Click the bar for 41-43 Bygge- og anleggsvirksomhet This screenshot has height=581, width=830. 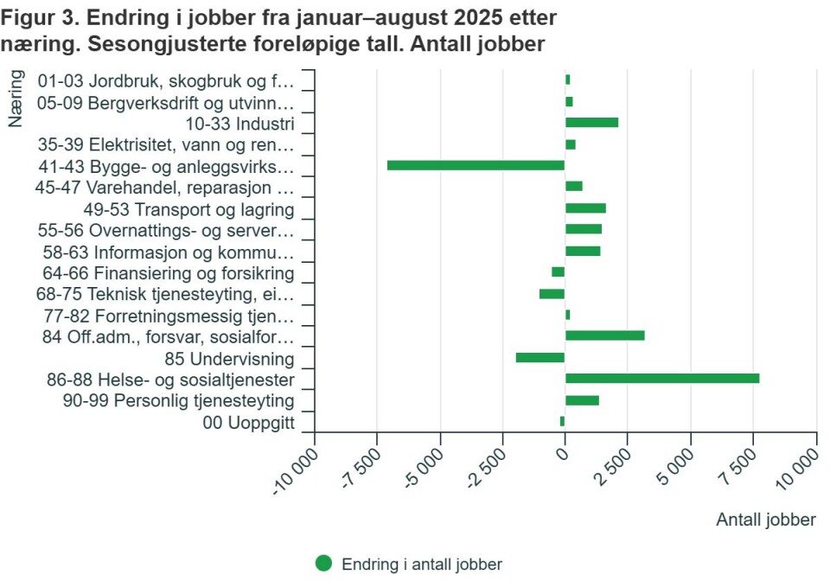pyautogui.click(x=476, y=165)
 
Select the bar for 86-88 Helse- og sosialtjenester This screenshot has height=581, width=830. pyautogui.click(x=662, y=379)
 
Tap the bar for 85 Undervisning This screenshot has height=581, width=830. pyautogui.click(x=540, y=358)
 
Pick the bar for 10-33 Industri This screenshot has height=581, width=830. pyautogui.click(x=591, y=123)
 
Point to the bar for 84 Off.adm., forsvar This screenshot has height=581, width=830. pyautogui.click(x=605, y=336)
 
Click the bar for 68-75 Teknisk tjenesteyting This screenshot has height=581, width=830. pyautogui.click(x=552, y=294)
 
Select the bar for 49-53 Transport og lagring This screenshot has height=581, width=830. pyautogui.click(x=585, y=208)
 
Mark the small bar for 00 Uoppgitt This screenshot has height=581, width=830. pyautogui.click(x=562, y=422)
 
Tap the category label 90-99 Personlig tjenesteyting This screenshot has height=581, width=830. pyautogui.click(x=179, y=401)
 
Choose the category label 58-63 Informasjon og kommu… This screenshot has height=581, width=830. pyautogui.click(x=169, y=252)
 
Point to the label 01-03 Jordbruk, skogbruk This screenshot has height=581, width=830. pyautogui.click(x=167, y=81)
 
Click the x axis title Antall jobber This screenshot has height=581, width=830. pyautogui.click(x=765, y=520)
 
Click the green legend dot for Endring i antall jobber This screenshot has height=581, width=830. pyautogui.click(x=323, y=564)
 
